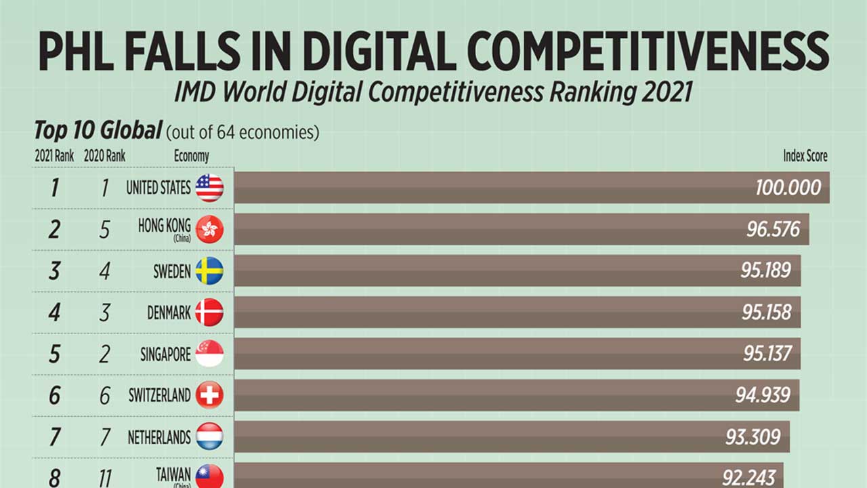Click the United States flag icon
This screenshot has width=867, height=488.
point(209,188)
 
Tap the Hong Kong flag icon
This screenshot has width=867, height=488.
point(209,230)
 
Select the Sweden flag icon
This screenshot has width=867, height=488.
point(209,271)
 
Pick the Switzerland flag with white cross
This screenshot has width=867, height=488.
point(209,395)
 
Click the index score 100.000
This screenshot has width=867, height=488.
point(788,188)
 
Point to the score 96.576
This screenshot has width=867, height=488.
point(773,230)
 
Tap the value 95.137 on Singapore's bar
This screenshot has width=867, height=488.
point(766,354)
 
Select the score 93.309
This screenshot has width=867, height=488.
point(753,437)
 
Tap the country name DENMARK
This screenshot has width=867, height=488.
point(169,313)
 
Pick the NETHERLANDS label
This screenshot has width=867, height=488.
point(159,438)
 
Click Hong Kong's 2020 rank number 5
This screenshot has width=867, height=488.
point(104,230)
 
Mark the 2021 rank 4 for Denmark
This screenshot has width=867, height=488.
point(54,313)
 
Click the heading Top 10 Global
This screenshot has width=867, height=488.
point(98,129)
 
